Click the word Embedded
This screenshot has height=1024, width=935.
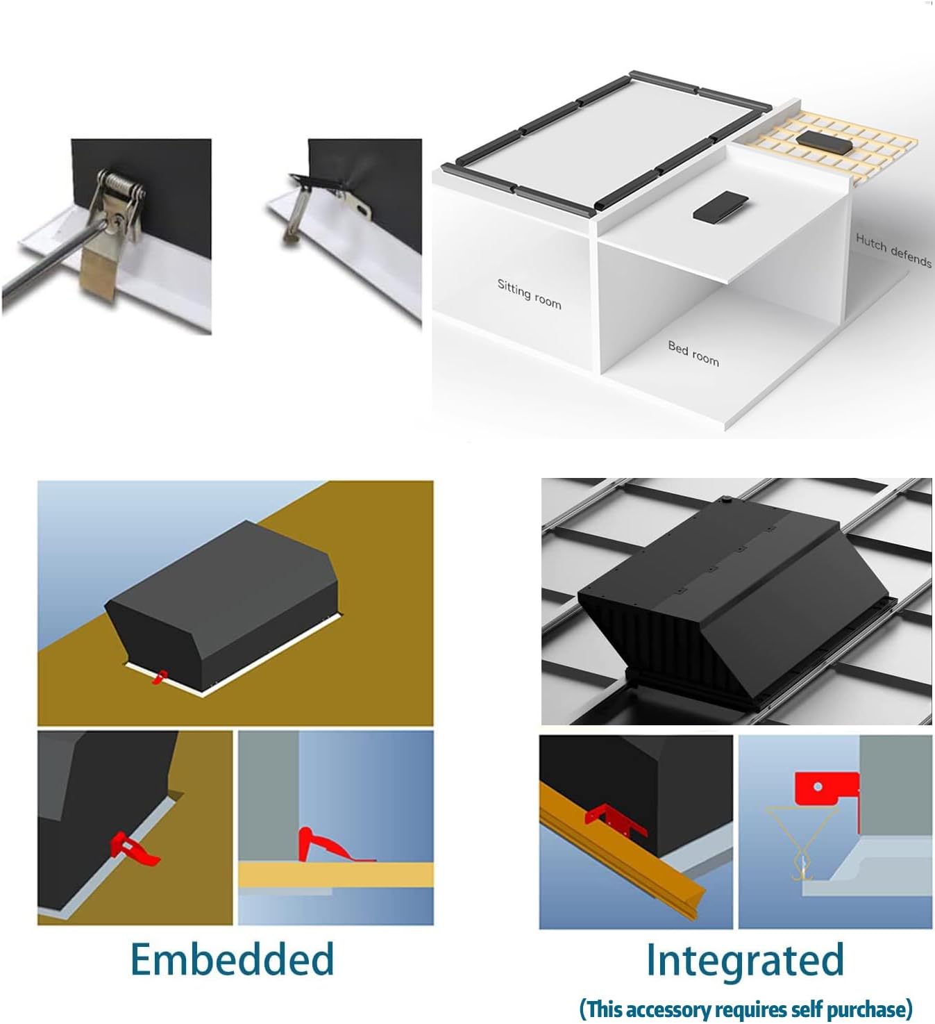[232, 959]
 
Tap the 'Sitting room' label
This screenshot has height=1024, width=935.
[529, 294]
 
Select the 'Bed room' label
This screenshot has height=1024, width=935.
[693, 354]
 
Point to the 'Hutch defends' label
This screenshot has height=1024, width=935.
[893, 250]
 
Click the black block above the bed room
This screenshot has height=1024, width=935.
[721, 205]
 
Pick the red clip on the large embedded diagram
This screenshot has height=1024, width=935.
[160, 677]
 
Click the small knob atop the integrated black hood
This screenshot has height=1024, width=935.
[726, 499]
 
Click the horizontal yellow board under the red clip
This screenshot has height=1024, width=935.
[336, 875]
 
